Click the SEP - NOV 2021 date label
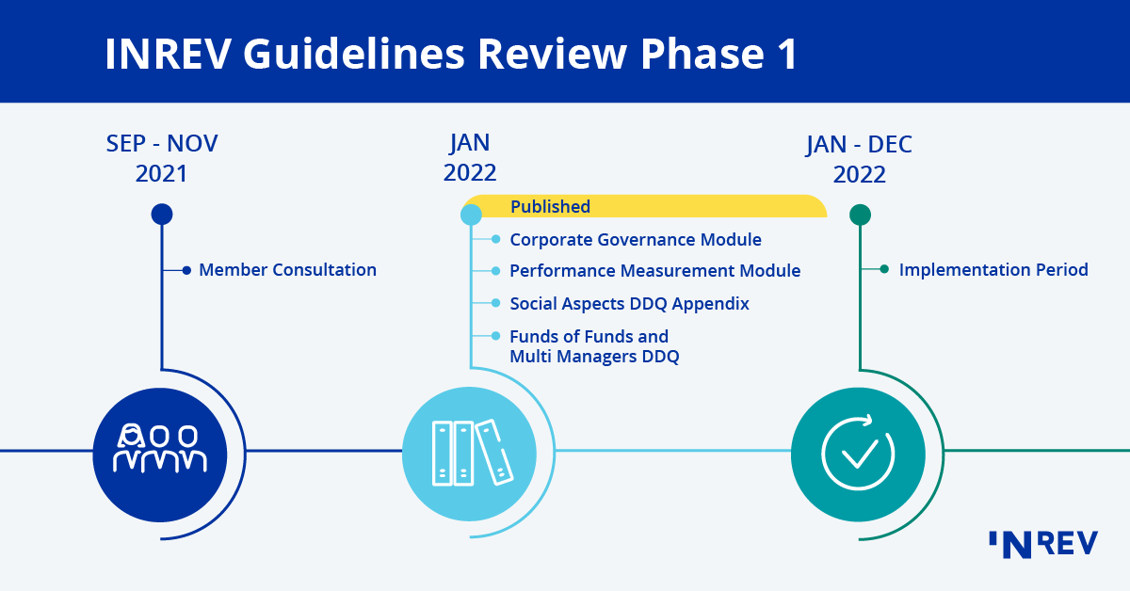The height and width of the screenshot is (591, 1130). (x=162, y=158)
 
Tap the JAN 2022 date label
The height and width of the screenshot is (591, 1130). (x=470, y=157)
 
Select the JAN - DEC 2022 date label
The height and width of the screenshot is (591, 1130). (x=859, y=159)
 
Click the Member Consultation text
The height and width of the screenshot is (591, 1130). (x=287, y=270)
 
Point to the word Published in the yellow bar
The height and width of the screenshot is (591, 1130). (x=550, y=207)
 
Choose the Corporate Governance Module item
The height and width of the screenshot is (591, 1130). (x=636, y=240)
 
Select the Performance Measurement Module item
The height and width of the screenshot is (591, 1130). (x=654, y=271)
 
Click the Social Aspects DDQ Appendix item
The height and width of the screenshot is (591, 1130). (x=629, y=304)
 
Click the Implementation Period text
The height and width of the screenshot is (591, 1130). (x=993, y=270)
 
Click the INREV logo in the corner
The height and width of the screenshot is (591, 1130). (x=1042, y=544)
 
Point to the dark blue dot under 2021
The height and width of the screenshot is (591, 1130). (x=162, y=215)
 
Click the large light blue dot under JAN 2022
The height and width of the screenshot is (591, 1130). (x=471, y=215)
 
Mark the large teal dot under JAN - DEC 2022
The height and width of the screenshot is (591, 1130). (x=860, y=215)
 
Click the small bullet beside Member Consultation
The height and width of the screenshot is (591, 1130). (x=186, y=270)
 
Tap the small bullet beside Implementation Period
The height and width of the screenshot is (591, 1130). (x=884, y=270)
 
